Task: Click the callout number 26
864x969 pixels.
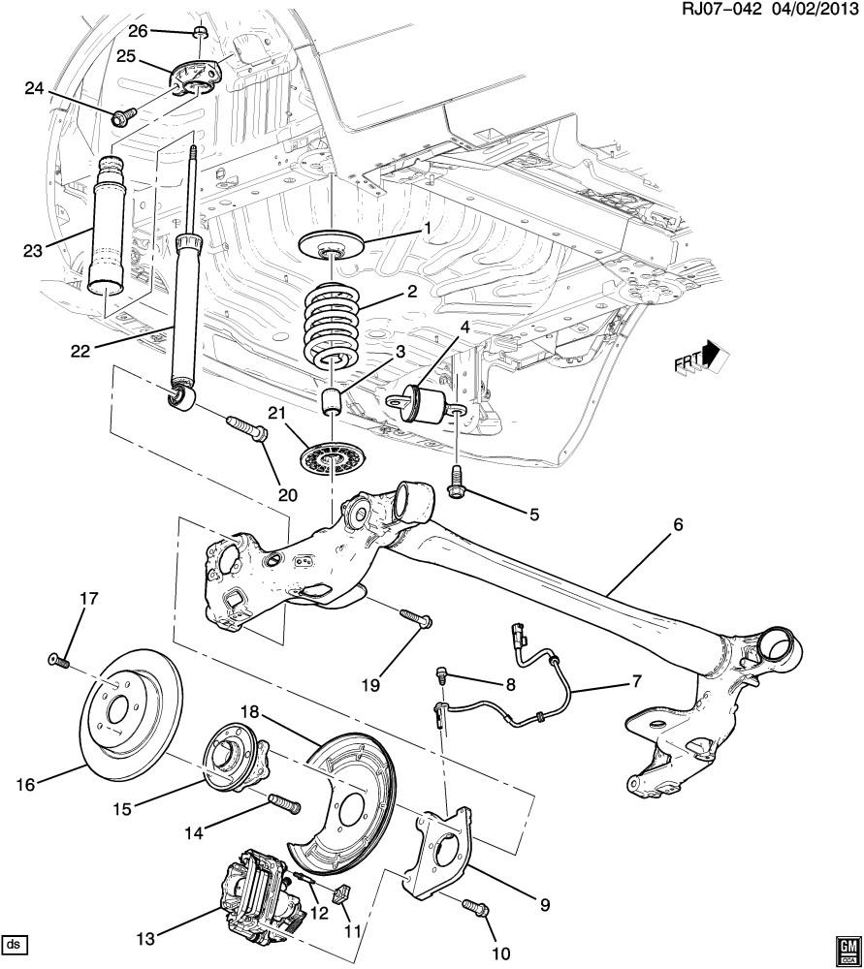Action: point(138,30)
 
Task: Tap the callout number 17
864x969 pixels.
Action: point(89,598)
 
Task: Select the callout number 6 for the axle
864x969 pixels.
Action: point(679,525)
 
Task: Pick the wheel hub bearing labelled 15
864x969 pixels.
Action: point(237,757)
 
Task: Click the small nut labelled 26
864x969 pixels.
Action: point(201,32)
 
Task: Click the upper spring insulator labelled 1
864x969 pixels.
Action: point(332,245)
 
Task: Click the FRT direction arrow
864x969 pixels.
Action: point(713,354)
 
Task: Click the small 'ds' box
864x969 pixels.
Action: point(16,944)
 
